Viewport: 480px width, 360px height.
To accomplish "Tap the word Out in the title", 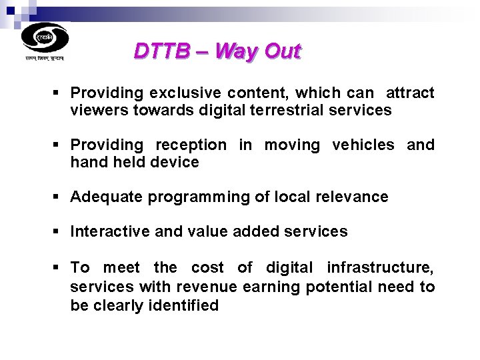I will click(283, 51).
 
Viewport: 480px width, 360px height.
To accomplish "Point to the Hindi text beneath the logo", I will click(45, 59).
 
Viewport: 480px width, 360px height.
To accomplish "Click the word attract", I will click(410, 93).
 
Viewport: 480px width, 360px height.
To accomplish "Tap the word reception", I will click(191, 145).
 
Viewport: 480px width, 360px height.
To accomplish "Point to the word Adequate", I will click(106, 197).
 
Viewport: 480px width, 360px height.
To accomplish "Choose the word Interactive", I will click(110, 231).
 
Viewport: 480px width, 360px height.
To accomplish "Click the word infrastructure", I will click(380, 268).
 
